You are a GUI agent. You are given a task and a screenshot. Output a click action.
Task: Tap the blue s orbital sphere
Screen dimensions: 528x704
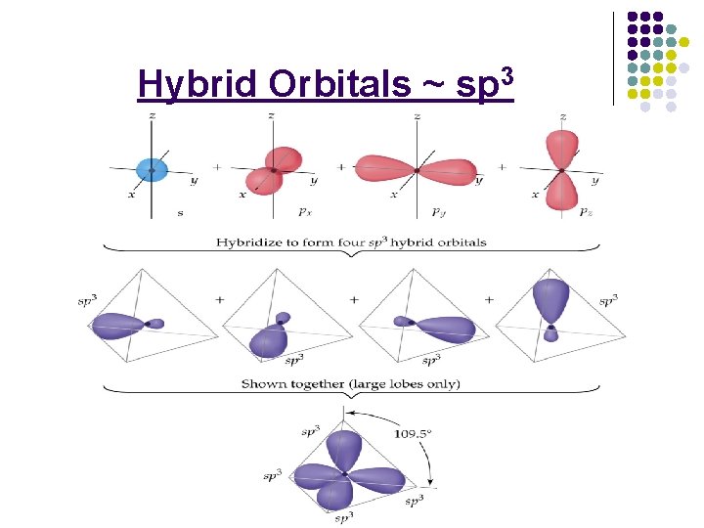click(x=152, y=170)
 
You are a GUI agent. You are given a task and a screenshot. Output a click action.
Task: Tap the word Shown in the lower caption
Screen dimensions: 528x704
click(x=263, y=384)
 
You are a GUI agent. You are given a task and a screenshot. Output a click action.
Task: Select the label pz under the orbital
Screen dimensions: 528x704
click(x=585, y=210)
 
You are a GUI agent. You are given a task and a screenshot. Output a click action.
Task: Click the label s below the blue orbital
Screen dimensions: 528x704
click(x=180, y=211)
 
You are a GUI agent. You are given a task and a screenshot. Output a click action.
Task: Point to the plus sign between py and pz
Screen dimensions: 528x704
click(x=502, y=167)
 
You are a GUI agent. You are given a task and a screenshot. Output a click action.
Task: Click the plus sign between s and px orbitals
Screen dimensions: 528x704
click(x=217, y=167)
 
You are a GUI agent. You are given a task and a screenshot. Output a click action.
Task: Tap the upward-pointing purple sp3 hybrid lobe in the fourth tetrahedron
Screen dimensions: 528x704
click(x=552, y=299)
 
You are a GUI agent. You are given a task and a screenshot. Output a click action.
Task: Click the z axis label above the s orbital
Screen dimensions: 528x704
click(x=152, y=116)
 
